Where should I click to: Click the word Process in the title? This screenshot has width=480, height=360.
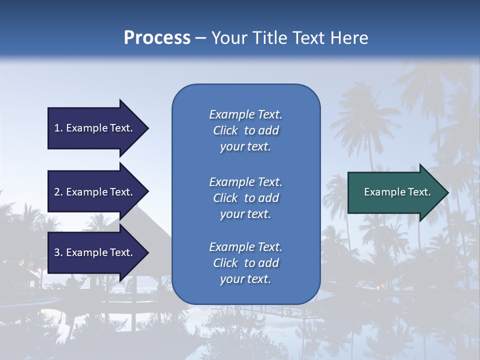(157, 38)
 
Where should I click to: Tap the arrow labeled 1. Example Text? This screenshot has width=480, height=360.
(95, 128)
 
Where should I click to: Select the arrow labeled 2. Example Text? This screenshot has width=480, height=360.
(95, 192)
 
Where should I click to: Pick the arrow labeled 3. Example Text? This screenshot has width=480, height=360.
(95, 252)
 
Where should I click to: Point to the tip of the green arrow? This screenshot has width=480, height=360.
(448, 192)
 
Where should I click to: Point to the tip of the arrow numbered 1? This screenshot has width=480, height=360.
(148, 128)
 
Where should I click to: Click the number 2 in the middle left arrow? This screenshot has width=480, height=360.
(57, 192)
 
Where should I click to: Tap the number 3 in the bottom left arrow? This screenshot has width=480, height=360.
(57, 252)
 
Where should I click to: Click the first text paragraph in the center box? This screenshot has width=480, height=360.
(245, 130)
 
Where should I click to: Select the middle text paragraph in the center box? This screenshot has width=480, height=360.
(245, 198)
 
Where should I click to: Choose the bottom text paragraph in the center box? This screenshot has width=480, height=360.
(245, 263)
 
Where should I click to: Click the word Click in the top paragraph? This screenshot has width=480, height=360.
(225, 130)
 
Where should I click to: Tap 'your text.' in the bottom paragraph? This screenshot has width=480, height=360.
(245, 279)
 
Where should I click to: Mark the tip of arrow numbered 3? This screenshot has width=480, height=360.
(148, 252)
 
